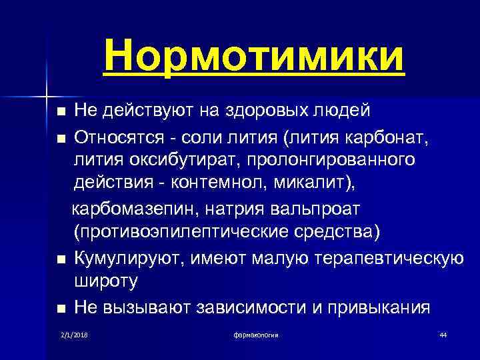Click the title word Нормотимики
tap(253, 55)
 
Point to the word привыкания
tap(381, 307)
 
